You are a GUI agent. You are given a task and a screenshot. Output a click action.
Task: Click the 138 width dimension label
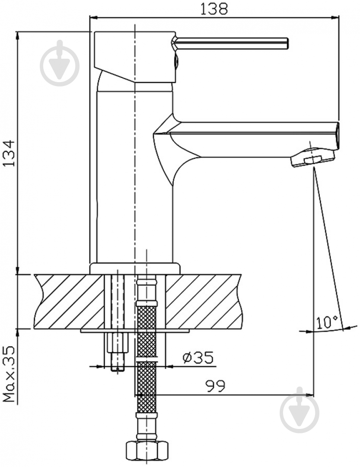click(x=213, y=9)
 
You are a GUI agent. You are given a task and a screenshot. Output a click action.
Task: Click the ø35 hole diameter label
click(x=198, y=358)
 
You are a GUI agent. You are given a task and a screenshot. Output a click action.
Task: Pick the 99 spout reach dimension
click(x=216, y=386)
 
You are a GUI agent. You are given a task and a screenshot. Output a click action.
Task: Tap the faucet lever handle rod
click(x=232, y=43)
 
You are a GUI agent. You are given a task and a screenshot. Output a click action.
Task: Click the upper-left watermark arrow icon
click(x=60, y=63)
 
